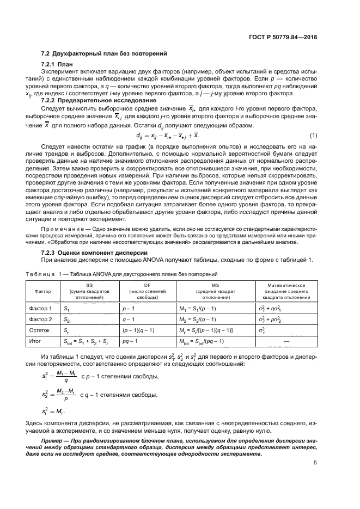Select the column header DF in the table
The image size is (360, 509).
(147, 285)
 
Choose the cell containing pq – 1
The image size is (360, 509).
(131, 341)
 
